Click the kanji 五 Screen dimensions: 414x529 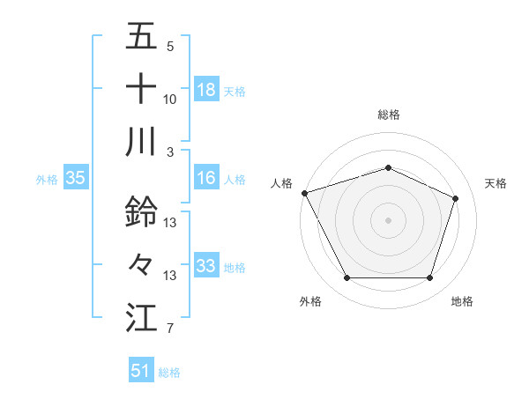click(x=141, y=37)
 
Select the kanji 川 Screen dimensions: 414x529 click(x=141, y=142)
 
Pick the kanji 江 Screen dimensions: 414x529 click(x=141, y=317)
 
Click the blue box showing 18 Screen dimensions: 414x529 click(x=206, y=89)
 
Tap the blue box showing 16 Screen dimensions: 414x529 click(x=206, y=178)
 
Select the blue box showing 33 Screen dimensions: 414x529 click(x=206, y=266)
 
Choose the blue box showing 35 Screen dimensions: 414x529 click(x=75, y=178)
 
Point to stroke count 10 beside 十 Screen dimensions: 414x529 click(x=170, y=100)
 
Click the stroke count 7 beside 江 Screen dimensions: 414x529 click(x=169, y=329)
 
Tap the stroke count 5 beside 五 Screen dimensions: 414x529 click(x=169, y=46)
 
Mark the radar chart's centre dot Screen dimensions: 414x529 click(x=388, y=219)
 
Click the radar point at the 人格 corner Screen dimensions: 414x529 click(x=304, y=193)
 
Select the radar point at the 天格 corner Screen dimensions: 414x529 click(x=456, y=198)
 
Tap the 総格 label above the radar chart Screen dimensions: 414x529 click(x=388, y=115)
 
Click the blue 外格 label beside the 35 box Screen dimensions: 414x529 click(x=46, y=179)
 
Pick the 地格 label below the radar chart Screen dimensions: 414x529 click(x=462, y=301)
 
